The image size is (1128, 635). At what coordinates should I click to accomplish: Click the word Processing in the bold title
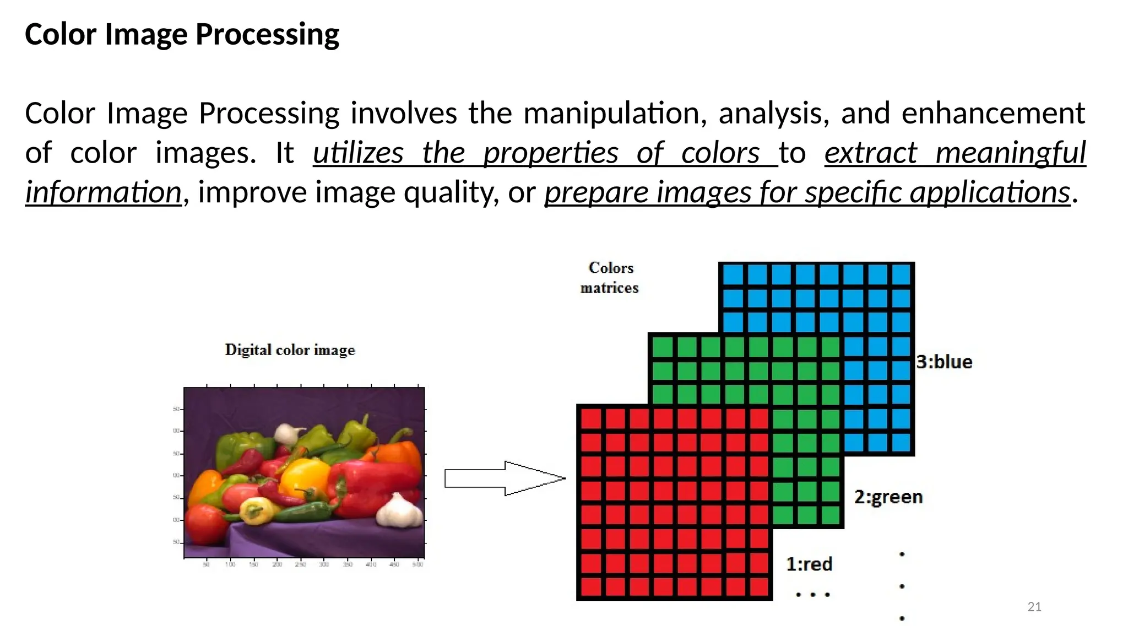[x=267, y=35]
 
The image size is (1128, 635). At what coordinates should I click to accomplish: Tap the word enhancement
[x=993, y=114]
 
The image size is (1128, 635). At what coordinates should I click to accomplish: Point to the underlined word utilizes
[x=358, y=153]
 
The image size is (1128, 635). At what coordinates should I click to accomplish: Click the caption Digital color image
[x=290, y=350]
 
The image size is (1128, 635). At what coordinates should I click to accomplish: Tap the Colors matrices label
[x=610, y=278]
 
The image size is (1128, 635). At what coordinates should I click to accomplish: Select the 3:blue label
[x=944, y=362]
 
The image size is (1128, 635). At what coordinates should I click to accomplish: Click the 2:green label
[x=888, y=497]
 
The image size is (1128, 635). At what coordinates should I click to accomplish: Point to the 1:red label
[x=809, y=564]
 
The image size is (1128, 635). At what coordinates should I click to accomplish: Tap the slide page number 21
[x=1034, y=607]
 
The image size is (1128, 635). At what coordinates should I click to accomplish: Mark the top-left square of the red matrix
[x=591, y=419]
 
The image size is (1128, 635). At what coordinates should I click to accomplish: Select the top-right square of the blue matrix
[x=901, y=275]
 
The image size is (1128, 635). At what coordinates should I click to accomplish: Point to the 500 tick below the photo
[x=418, y=564]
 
